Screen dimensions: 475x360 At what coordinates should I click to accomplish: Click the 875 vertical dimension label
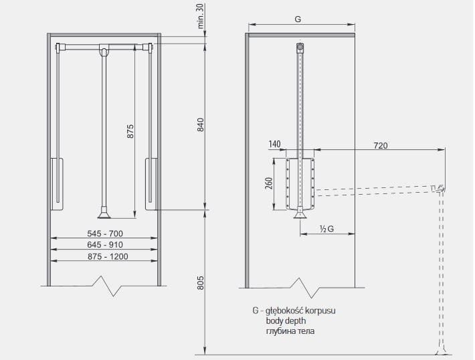(130, 131)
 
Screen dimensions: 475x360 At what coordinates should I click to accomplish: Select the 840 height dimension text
(201, 124)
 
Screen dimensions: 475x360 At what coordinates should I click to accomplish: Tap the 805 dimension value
(201, 282)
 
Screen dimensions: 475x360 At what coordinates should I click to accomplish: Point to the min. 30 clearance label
(201, 16)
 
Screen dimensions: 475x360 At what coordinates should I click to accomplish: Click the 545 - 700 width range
(105, 234)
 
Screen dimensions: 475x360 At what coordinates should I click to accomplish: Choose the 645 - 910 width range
(105, 245)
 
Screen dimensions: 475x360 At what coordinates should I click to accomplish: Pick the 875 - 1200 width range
(108, 257)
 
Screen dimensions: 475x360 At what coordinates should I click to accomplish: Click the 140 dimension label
(274, 145)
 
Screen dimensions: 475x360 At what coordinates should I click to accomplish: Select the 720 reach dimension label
(381, 146)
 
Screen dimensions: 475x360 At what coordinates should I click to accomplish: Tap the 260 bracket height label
(269, 183)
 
